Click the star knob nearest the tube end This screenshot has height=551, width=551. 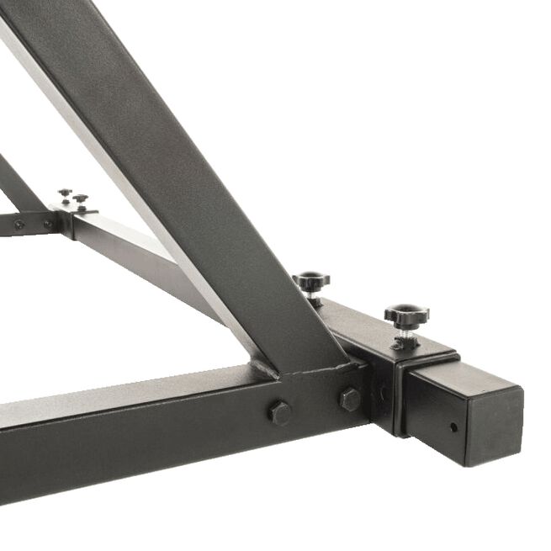pyautogui.click(x=407, y=315)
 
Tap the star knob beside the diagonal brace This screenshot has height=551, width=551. pyautogui.click(x=311, y=281)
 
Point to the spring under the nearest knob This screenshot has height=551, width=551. pyautogui.click(x=405, y=335)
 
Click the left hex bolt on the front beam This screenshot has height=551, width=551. pyautogui.click(x=280, y=412)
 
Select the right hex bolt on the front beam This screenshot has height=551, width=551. pyautogui.click(x=350, y=399)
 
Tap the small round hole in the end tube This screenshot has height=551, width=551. pyautogui.click(x=453, y=426)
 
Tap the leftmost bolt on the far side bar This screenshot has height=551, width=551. pyautogui.click(x=18, y=225)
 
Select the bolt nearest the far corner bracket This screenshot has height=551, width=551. pyautogui.click(x=48, y=225)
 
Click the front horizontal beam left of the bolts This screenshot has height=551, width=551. pyautogui.click(x=126, y=421)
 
